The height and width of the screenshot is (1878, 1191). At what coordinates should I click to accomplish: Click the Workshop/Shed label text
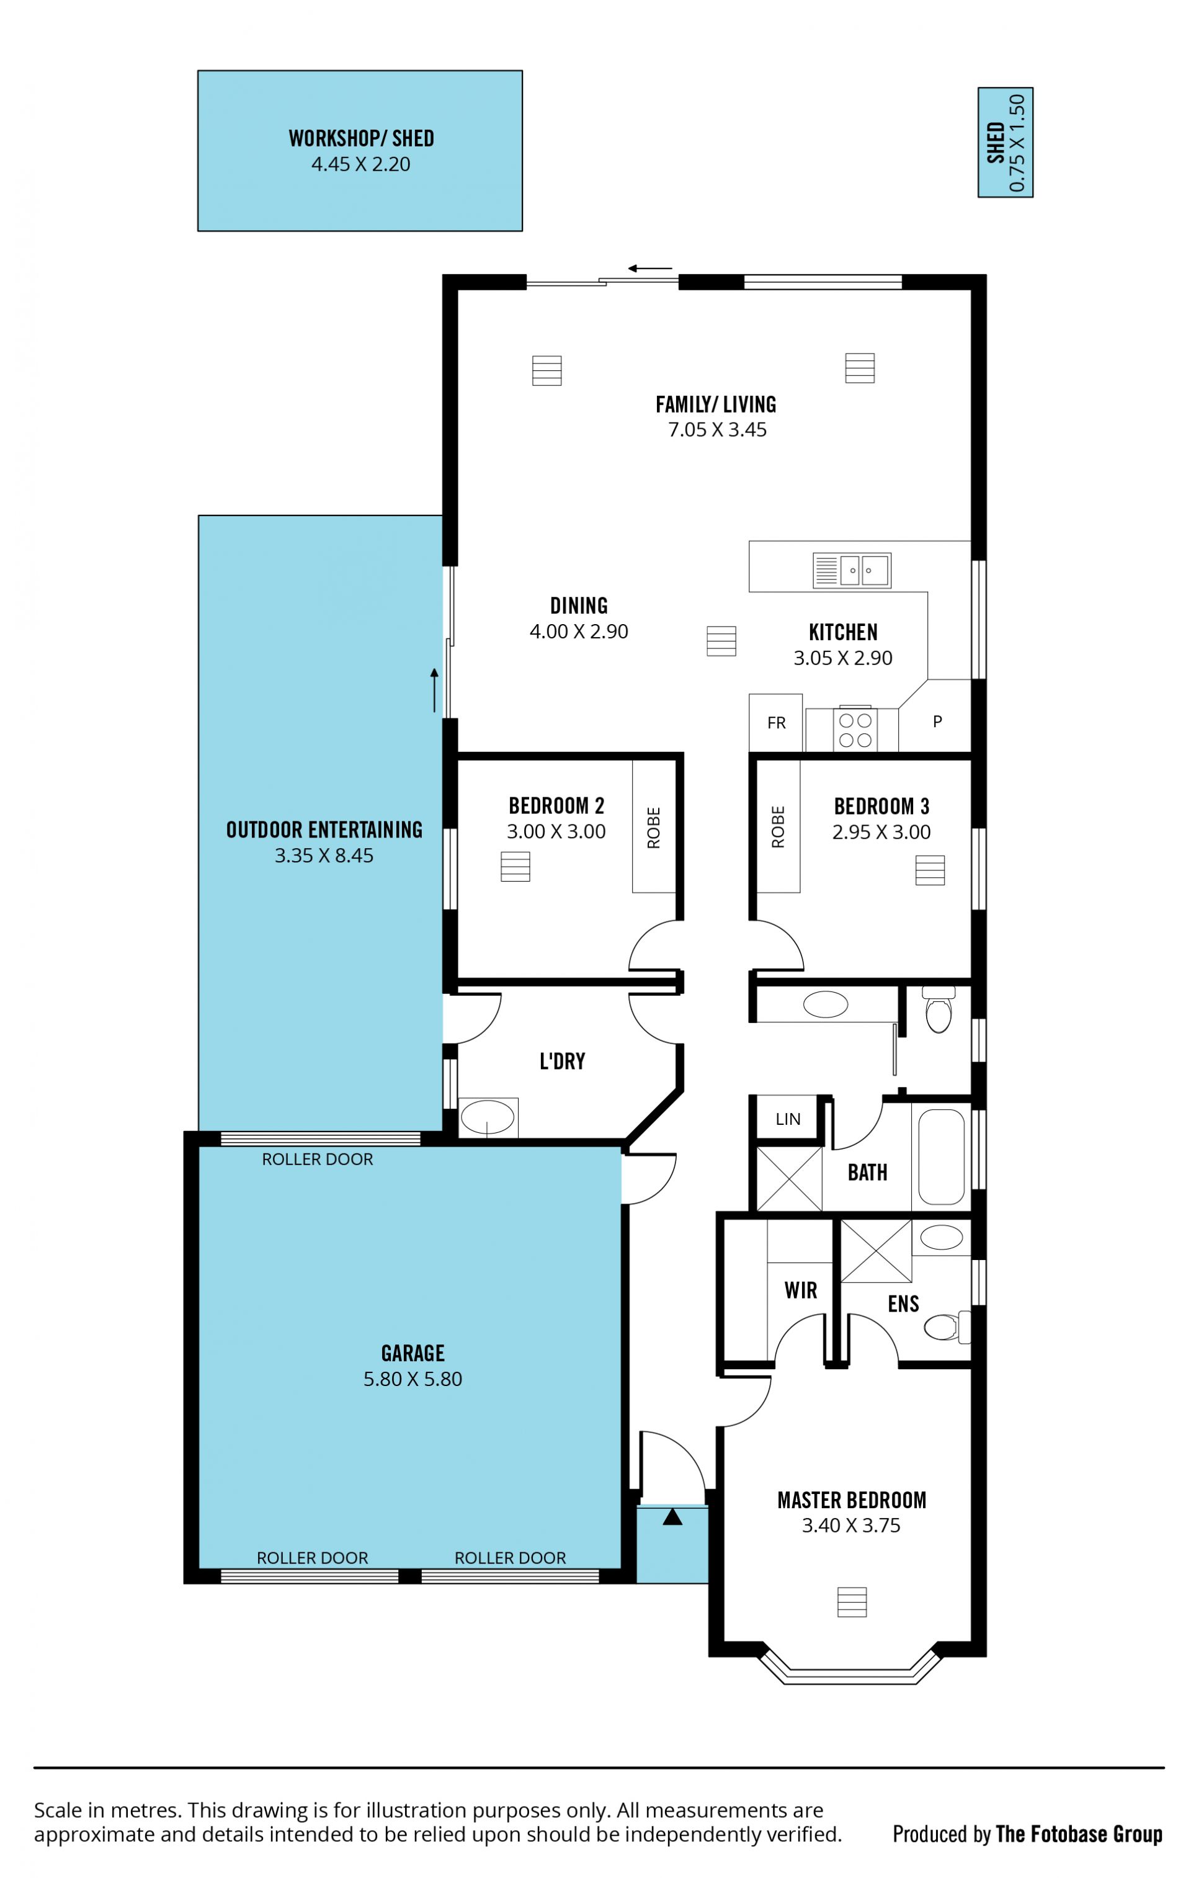tap(360, 139)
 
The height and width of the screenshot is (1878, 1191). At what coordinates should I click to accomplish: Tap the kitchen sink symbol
tap(851, 570)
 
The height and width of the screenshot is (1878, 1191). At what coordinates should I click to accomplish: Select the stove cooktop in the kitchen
tap(855, 729)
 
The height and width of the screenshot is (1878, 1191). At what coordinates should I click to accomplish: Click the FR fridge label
tap(776, 723)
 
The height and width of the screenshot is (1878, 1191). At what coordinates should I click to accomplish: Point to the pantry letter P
tap(937, 722)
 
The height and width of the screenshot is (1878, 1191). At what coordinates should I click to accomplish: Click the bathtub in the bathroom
tap(942, 1157)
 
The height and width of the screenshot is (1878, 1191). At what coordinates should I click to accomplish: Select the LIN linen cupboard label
tap(788, 1119)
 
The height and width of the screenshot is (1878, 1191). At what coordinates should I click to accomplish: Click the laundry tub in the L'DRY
tap(488, 1117)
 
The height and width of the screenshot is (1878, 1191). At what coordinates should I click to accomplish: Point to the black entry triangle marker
tap(672, 1517)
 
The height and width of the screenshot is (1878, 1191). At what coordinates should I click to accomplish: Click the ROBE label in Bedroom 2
tap(654, 828)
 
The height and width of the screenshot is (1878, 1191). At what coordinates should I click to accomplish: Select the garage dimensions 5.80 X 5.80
tap(413, 1379)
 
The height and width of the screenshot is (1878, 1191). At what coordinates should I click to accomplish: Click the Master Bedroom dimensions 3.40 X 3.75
tap(851, 1526)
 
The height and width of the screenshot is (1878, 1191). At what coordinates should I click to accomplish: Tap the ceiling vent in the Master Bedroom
tap(852, 1603)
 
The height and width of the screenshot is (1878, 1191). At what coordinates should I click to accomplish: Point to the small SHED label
tap(995, 142)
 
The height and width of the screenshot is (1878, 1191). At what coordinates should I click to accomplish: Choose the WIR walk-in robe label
tap(801, 1290)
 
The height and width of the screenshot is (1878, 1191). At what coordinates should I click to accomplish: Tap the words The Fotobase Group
tap(1079, 1835)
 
